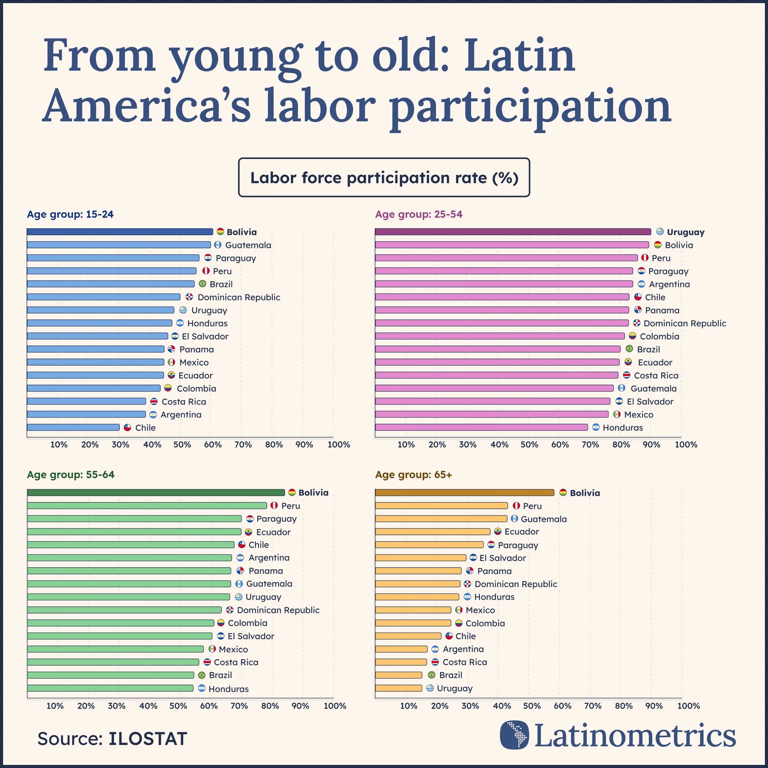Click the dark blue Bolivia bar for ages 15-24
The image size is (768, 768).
pyautogui.click(x=120, y=232)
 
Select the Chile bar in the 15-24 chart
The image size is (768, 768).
pyautogui.click(x=73, y=427)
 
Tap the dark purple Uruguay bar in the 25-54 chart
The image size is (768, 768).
pyautogui.click(x=513, y=232)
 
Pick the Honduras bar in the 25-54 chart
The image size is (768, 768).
pyautogui.click(x=481, y=427)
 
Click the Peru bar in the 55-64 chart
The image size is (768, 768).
pyautogui.click(x=147, y=506)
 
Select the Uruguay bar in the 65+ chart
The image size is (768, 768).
pyautogui.click(x=398, y=688)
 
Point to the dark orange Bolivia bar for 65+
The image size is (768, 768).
pyautogui.click(x=464, y=493)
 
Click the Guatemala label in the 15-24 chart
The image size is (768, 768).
pyautogui.click(x=248, y=245)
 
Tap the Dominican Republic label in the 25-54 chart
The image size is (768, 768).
pyautogui.click(x=684, y=323)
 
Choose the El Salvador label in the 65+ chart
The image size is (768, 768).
pyautogui.click(x=502, y=558)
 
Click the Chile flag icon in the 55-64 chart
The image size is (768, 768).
pyautogui.click(x=242, y=545)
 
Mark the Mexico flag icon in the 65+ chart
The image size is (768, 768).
pyautogui.click(x=459, y=610)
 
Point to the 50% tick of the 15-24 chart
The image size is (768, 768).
pyautogui.click(x=182, y=444)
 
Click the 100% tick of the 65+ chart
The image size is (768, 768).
pyautogui.click(x=688, y=706)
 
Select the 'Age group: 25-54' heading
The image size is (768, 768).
pyautogui.click(x=418, y=214)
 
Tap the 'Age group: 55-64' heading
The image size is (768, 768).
pyautogui.click(x=70, y=475)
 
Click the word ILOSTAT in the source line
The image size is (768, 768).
pyautogui.click(x=148, y=739)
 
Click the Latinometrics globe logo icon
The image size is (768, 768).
pyautogui.click(x=514, y=735)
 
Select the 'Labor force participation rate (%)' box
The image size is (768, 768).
pyautogui.click(x=384, y=178)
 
